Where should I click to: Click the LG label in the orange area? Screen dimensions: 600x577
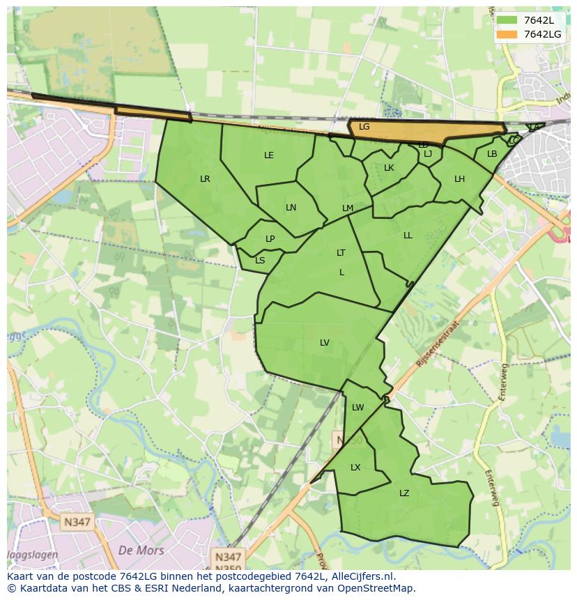364,127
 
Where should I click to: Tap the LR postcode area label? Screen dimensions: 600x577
205,179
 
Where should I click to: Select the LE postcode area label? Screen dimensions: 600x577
269,155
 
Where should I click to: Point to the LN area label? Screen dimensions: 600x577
291,208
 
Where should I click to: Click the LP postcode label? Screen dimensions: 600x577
270,239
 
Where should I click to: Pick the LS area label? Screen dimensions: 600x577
260,261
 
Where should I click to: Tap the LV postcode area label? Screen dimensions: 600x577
325,342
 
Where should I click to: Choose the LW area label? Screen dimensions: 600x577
357,408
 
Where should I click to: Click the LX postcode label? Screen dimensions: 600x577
355,468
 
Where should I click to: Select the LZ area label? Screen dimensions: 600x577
404,493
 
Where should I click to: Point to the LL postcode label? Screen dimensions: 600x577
408,236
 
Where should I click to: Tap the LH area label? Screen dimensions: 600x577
459,179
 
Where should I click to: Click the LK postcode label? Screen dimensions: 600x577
389,168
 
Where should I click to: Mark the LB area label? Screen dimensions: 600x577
492,154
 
